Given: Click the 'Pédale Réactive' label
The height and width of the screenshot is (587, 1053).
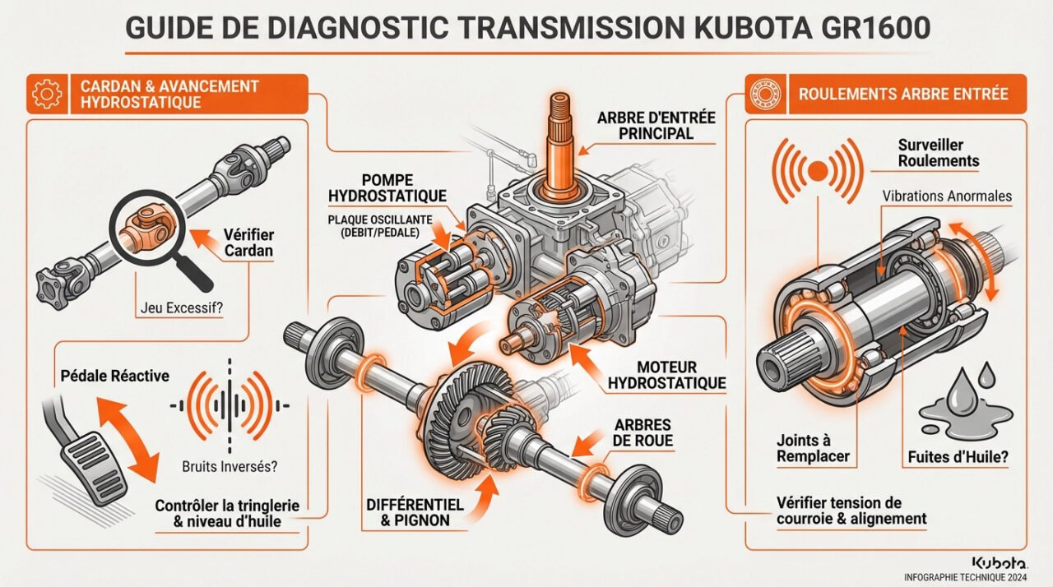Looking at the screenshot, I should [115, 376].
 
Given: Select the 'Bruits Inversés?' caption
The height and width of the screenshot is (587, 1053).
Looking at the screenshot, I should [228, 466].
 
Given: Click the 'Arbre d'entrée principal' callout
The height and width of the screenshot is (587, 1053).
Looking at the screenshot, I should [656, 125].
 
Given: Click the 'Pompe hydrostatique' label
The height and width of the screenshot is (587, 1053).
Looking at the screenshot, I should [387, 187].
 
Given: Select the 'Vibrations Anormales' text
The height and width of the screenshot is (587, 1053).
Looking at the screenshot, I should [946, 196].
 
